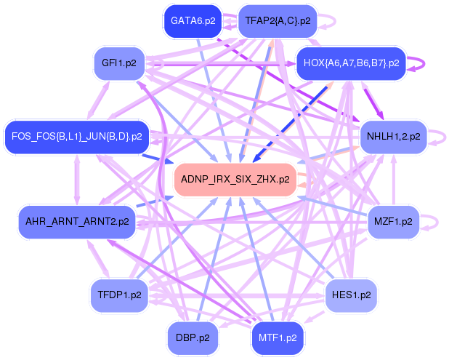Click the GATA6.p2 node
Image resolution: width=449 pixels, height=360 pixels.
tap(193, 21)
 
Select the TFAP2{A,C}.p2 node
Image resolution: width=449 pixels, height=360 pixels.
tap(278, 21)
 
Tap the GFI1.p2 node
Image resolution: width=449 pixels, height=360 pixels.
tap(120, 63)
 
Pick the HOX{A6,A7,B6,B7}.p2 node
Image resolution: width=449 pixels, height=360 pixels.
tap(350, 63)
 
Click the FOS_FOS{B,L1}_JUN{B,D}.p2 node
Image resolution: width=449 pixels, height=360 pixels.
tap(76, 136)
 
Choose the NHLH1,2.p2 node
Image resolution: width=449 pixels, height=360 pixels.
tap(393, 136)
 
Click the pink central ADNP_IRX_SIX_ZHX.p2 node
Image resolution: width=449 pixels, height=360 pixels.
tap(235, 179)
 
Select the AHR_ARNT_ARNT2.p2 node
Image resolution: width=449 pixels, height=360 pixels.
tap(77, 221)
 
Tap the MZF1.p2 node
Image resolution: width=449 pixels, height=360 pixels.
tap(392, 221)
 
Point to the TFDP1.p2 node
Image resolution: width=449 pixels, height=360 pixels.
tap(118, 295)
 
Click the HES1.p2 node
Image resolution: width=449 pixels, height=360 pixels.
tap(351, 295)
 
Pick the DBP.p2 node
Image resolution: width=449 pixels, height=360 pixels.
tap(193, 337)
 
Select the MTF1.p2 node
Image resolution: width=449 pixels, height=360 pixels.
tap(278, 337)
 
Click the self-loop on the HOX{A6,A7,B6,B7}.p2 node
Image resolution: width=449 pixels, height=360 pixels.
tap(418, 63)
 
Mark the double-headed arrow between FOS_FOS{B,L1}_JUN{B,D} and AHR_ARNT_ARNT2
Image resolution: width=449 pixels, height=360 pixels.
tap(77, 179)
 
